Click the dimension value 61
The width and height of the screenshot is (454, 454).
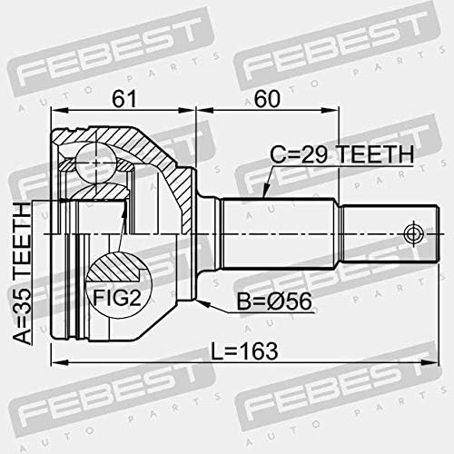124,98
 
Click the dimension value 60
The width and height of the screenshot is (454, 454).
267,98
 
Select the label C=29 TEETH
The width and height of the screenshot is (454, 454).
341,154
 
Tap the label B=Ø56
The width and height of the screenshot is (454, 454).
274,301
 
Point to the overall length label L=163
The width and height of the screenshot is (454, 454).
244,351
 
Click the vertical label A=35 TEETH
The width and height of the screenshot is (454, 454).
22,273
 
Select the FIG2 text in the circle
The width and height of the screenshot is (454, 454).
117,298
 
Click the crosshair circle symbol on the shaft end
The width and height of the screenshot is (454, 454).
412,234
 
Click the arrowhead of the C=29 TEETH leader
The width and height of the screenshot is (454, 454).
265,192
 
